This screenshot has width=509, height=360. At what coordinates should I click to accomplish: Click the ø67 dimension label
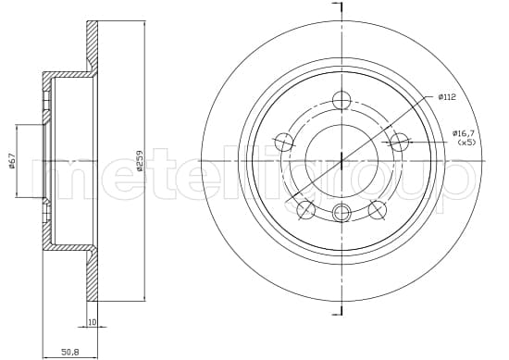click(12, 161)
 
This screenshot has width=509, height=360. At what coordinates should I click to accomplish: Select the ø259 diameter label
click(140, 160)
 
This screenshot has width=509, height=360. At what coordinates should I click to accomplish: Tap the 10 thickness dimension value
click(93, 322)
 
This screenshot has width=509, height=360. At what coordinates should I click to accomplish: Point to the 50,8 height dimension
click(70, 352)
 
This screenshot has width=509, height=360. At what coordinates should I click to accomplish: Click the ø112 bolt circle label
click(447, 97)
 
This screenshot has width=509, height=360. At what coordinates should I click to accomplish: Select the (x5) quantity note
click(466, 142)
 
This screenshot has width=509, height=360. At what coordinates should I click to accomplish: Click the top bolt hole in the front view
click(341, 100)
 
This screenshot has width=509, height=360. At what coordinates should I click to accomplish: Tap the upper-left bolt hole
click(284, 142)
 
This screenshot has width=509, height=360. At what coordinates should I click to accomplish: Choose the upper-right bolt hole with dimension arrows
click(399, 142)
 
